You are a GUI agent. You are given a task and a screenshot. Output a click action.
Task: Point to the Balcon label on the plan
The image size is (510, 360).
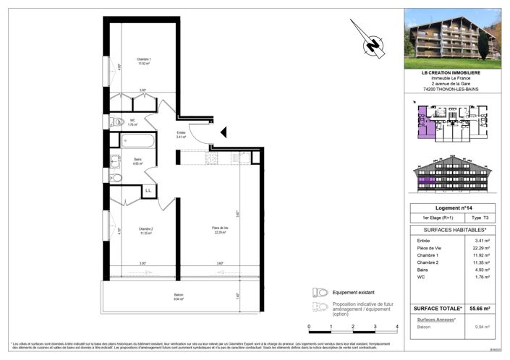coord(179,296)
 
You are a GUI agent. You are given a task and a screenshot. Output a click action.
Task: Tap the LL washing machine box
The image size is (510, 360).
coord(148,190)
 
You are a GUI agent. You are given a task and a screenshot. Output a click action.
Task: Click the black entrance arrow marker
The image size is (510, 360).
coord(224,132)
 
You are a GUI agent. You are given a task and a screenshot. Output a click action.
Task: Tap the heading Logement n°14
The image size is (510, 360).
coord(451,207)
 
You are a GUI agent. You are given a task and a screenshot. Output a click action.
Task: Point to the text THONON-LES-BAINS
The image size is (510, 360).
coord(451,89)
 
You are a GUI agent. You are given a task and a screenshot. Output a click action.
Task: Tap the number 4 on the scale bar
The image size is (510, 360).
coord(397,327)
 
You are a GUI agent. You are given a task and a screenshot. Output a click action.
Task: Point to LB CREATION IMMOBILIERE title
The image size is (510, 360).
coord(451,72)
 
